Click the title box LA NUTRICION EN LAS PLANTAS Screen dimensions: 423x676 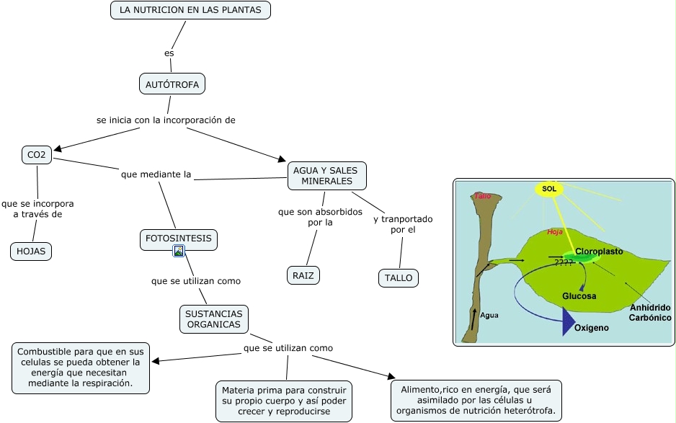click(x=190, y=10)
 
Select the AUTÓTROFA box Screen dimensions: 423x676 click(x=172, y=84)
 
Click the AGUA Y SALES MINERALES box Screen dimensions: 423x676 click(x=326, y=175)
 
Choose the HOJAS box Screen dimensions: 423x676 click(x=31, y=251)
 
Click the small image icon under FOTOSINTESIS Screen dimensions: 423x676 click(x=179, y=251)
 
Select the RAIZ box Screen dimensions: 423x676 click(x=303, y=275)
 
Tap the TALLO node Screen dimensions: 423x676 click(x=398, y=277)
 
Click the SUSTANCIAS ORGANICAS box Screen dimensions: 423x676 click(x=213, y=319)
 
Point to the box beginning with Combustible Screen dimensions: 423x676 click(x=81, y=368)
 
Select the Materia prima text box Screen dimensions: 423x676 click(x=284, y=401)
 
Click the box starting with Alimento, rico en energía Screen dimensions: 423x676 click(x=476, y=401)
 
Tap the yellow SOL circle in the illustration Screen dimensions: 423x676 click(x=548, y=189)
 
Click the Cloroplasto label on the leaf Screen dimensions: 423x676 click(x=598, y=251)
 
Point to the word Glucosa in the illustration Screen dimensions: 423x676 click(x=579, y=296)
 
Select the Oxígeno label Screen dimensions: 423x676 click(x=591, y=328)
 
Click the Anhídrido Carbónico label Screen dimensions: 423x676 click(x=650, y=313)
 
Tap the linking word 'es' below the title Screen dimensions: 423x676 click(x=169, y=53)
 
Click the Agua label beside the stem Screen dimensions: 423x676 click(x=489, y=315)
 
